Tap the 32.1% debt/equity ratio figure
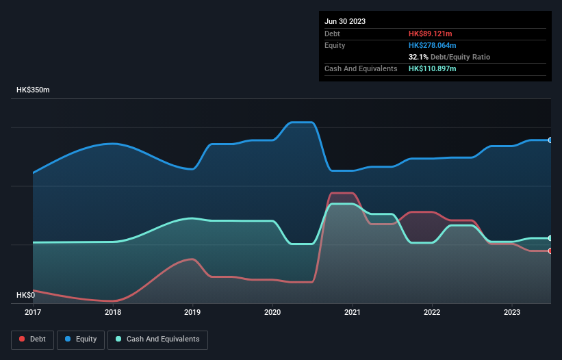(x=419, y=57)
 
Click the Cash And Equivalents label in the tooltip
(x=361, y=68)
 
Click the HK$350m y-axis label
(x=33, y=90)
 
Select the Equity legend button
(x=81, y=339)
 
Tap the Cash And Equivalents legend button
(x=157, y=339)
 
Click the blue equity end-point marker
(x=550, y=140)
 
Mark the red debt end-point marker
(x=550, y=250)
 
